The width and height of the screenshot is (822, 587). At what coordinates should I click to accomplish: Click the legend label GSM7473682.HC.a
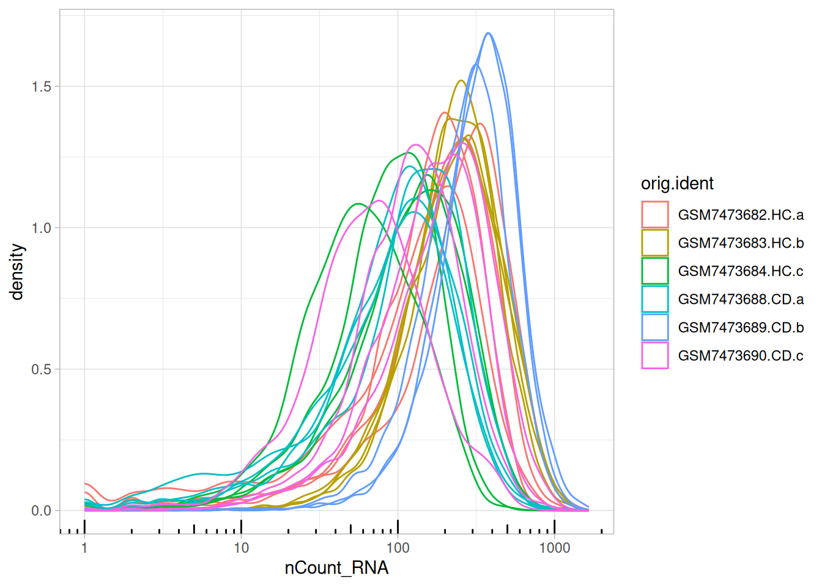coord(741,215)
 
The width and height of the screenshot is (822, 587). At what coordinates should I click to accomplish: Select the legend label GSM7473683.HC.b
coord(741,243)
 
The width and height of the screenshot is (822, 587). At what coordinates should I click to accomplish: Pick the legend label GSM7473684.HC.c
coord(741,271)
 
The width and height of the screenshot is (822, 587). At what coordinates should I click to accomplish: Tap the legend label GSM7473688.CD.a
coord(741,300)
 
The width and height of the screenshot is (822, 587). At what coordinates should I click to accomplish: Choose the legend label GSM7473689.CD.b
coord(741,328)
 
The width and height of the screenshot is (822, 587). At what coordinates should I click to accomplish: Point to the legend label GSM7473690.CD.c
coord(741,356)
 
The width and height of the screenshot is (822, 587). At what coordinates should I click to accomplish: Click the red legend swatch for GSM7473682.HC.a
coord(655,215)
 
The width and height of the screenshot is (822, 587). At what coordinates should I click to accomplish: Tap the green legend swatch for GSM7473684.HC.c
coord(655,271)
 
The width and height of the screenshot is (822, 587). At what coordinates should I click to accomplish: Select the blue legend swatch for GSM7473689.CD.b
coord(655,328)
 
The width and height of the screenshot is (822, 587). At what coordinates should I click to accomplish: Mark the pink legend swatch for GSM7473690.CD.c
coord(655,356)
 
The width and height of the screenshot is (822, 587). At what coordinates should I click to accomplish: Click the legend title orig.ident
coord(677,183)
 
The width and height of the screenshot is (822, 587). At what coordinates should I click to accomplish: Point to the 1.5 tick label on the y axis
coord(42,87)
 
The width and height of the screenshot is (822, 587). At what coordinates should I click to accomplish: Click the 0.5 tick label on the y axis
coord(42,369)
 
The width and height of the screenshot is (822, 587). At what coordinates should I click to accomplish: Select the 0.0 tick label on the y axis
coord(42,511)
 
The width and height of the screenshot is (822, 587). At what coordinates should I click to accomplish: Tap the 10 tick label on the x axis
coord(241,548)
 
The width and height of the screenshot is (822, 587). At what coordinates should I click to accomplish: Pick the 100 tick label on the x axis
coord(398,548)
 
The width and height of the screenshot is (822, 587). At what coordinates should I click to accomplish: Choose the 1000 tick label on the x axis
coord(555,548)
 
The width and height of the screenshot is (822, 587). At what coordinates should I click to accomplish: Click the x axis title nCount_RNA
coord(336,568)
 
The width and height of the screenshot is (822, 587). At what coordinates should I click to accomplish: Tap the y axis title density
coord(17,271)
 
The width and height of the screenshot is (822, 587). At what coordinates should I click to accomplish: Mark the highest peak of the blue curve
coord(487,33)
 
